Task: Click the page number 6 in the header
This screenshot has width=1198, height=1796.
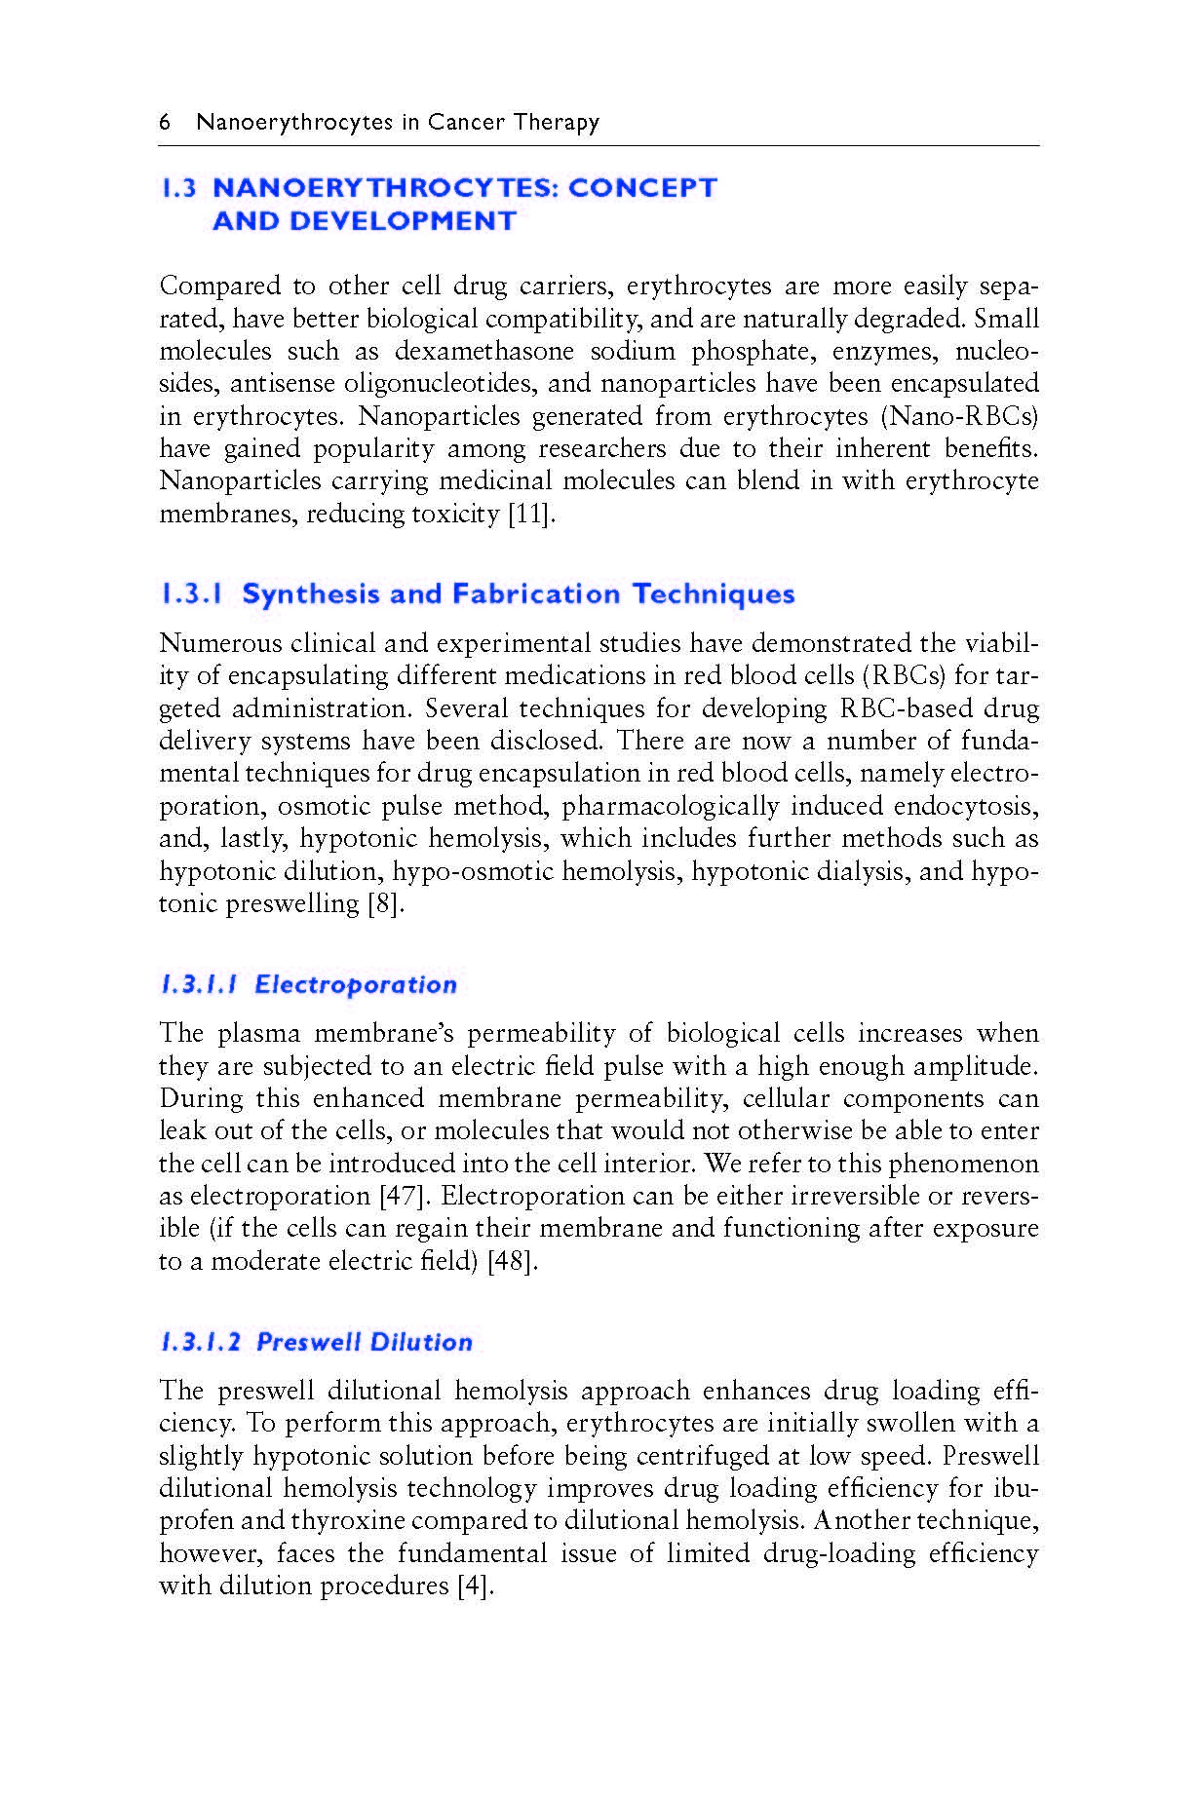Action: point(165,122)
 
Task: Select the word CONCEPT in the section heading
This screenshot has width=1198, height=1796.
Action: point(642,187)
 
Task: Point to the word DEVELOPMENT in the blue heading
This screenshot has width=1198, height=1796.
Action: point(364,221)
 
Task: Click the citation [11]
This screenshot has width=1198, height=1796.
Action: point(532,514)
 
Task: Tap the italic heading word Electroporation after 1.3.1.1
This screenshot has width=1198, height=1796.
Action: point(356,984)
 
